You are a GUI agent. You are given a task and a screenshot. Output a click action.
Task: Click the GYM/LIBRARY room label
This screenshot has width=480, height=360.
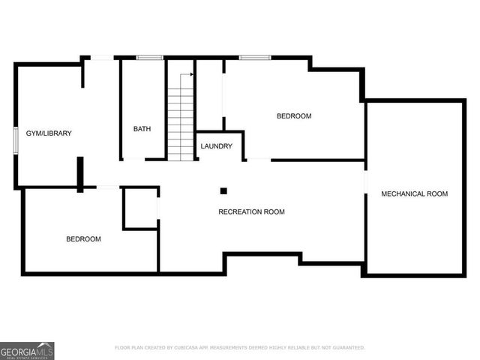pos(49,133)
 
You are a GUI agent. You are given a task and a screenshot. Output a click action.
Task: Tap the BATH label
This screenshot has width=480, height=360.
pos(142,129)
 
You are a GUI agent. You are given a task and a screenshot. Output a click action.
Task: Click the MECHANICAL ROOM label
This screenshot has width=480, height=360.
pos(414,193)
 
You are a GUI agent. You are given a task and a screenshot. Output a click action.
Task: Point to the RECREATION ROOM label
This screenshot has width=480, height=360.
pos(251,211)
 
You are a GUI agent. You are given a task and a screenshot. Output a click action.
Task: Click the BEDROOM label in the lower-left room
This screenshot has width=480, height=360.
pos(83,238)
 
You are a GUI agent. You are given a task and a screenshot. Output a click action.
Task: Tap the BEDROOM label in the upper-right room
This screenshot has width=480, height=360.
pos(293,116)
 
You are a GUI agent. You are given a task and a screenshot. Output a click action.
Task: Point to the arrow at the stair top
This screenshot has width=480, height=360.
pos(192,74)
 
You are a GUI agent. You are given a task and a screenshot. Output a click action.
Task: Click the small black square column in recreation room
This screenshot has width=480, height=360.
pos(223,190)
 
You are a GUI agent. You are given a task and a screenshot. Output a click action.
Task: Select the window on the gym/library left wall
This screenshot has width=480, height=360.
pos(16,141)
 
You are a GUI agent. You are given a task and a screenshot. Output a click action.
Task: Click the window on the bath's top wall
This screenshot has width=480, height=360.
pos(150,57)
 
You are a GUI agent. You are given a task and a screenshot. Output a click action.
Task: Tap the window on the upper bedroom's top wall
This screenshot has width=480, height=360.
pos(255,57)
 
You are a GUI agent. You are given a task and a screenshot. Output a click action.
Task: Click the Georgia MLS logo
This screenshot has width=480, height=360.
pos(27,350)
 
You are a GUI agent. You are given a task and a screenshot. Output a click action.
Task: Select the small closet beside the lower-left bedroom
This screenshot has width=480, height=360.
pos(139,208)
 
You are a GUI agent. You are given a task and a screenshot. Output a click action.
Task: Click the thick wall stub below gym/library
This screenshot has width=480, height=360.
pos(79,174)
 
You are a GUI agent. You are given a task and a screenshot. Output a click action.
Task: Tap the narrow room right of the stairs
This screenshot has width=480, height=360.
pos(209,96)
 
